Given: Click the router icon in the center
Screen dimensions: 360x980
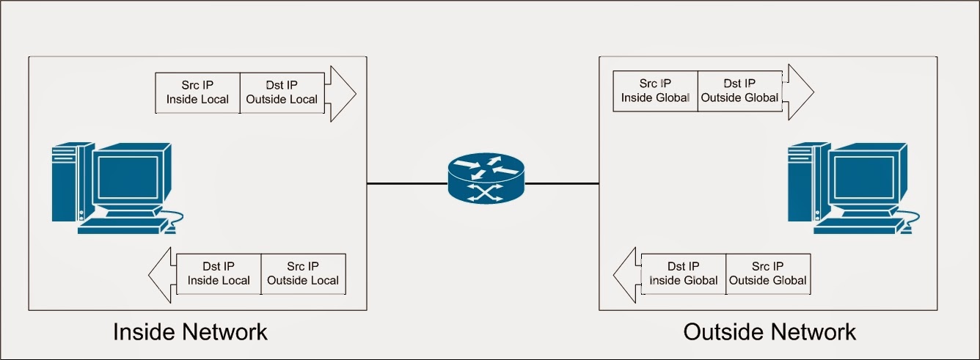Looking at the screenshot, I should [486, 178].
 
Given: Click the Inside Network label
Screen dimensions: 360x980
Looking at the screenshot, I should [190, 331].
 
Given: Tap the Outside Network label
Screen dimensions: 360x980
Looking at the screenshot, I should [769, 331].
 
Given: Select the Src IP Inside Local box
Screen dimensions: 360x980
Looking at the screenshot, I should [198, 92].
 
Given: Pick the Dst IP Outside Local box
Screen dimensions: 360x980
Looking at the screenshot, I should [282, 92].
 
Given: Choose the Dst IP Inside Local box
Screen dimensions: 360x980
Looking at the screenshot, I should [219, 273].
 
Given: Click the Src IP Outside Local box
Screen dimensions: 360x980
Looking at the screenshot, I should [303, 273].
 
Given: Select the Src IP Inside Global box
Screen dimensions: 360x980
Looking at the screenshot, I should [655, 91].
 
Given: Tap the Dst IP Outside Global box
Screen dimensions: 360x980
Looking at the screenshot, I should [739, 91].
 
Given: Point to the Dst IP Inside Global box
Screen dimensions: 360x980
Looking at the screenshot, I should [683, 273].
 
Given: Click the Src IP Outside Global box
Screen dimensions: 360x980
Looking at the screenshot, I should [768, 273].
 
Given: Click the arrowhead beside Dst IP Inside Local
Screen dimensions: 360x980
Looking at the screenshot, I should [162, 274].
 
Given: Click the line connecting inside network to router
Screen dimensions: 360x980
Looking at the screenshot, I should [406, 184].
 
